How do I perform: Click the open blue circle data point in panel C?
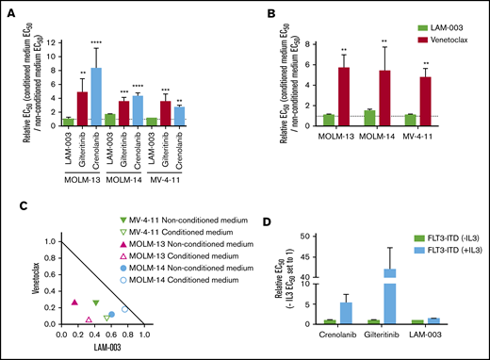pos(124,308)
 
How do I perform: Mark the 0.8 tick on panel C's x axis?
pos(126,334)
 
